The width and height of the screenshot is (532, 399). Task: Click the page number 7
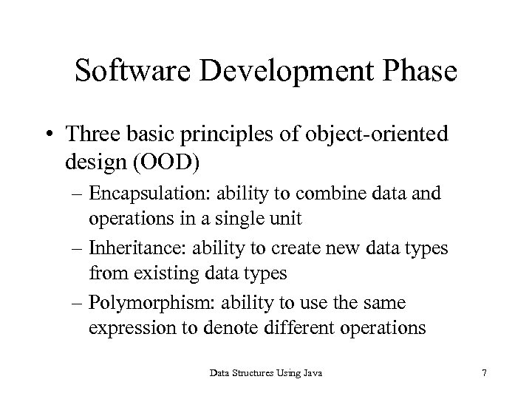(483, 375)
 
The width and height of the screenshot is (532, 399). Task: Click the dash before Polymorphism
(78, 303)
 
